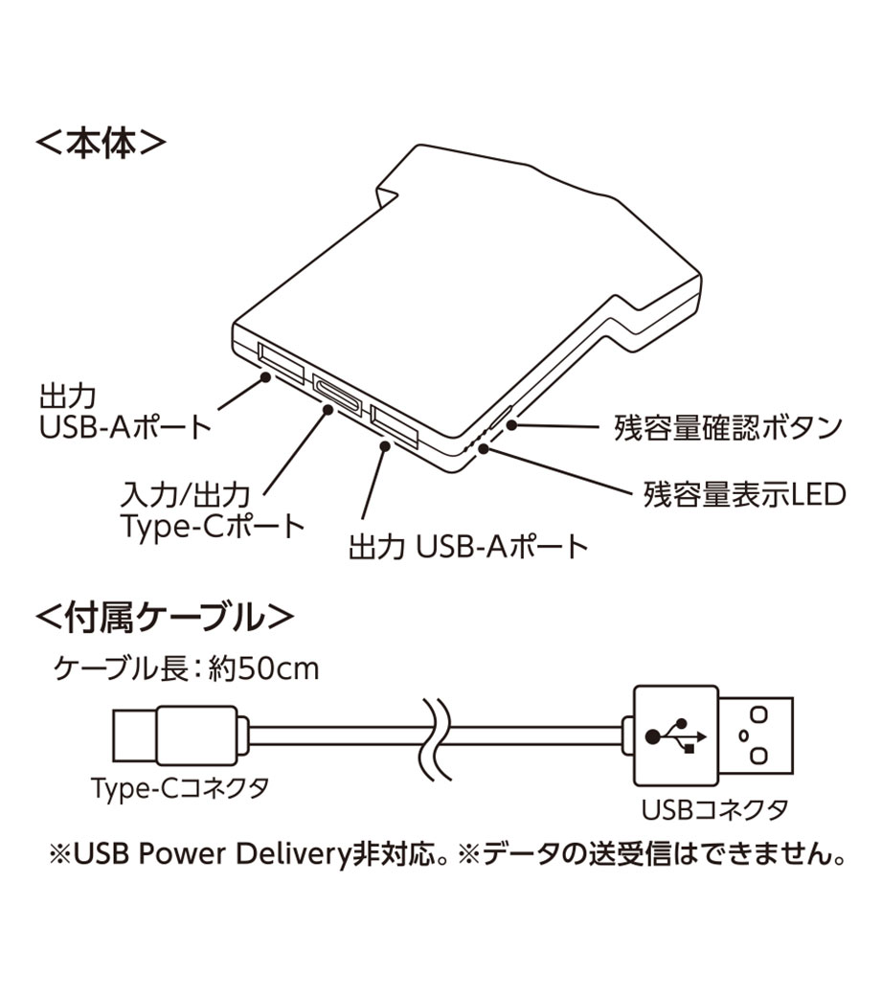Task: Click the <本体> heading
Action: [101, 144]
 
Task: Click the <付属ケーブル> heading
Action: [165, 617]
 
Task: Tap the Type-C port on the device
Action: [337, 396]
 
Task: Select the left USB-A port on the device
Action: [282, 363]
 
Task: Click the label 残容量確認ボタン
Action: [728, 427]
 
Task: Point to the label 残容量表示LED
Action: [744, 494]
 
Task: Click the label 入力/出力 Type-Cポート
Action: [213, 510]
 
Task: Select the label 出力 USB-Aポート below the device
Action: [469, 547]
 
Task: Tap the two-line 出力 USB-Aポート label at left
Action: [125, 411]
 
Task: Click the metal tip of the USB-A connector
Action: [756, 735]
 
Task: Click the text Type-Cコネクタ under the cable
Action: [180, 787]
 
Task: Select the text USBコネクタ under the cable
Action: [714, 809]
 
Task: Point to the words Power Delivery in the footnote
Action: [244, 854]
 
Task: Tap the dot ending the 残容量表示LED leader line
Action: [484, 449]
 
